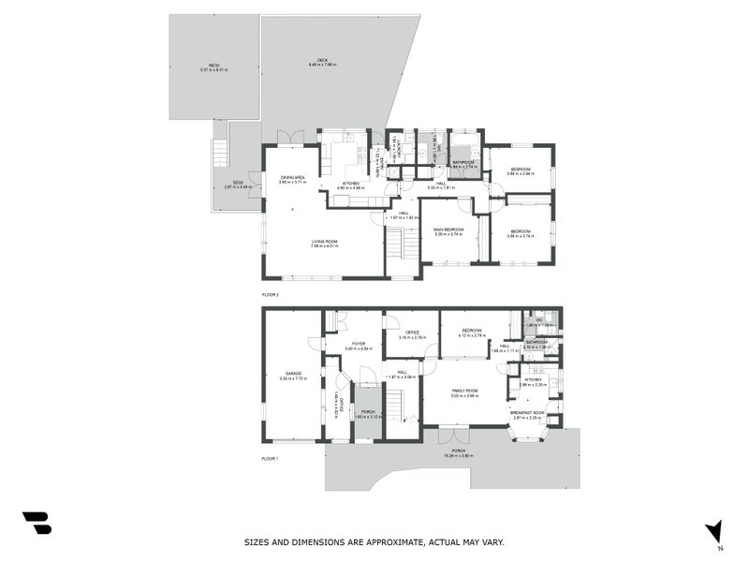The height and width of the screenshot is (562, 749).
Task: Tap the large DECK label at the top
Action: click(326, 61)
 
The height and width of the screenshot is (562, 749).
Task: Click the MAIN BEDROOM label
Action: click(448, 229)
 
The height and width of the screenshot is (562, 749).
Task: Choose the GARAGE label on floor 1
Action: click(293, 374)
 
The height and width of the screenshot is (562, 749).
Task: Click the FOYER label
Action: click(358, 344)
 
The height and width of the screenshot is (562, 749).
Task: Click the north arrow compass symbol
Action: click(713, 530)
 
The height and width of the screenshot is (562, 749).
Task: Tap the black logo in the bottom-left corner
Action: click(37, 523)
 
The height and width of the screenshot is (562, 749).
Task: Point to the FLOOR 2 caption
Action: click(271, 294)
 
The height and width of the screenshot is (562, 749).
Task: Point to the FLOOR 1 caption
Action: click(271, 458)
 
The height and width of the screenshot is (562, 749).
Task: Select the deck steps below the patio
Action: click(220, 153)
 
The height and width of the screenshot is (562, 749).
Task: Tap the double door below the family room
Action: click(452, 436)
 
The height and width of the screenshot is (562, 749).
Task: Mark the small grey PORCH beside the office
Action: click(367, 412)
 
